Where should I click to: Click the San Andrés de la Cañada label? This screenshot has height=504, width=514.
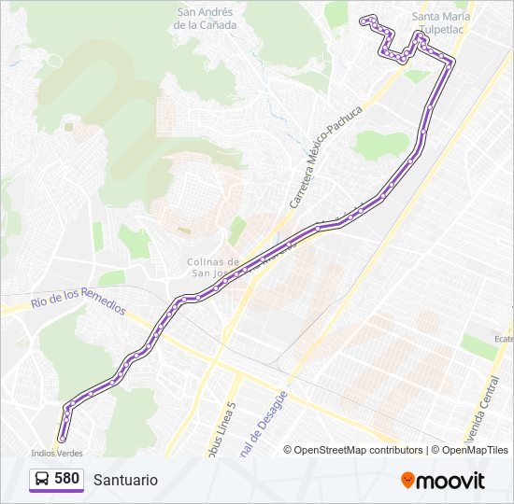(206, 19)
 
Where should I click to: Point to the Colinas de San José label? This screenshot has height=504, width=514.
(212, 267)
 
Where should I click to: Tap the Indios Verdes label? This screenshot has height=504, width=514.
(50, 452)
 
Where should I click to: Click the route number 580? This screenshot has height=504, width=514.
(66, 479)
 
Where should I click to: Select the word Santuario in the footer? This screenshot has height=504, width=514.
(125, 480)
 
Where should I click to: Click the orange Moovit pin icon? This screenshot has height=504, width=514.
(407, 480)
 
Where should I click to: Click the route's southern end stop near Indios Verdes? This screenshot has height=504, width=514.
(62, 438)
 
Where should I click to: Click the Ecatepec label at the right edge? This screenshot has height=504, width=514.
(504, 339)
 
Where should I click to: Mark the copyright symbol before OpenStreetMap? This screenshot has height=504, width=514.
(288, 450)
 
